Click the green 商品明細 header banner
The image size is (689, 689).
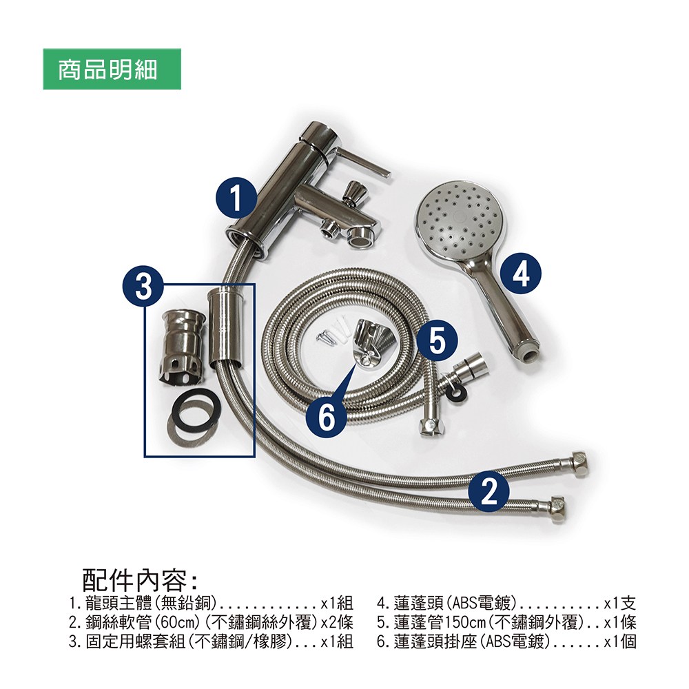point(112,69)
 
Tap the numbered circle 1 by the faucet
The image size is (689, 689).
point(236,198)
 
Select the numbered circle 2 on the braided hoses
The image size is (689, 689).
point(489,491)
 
